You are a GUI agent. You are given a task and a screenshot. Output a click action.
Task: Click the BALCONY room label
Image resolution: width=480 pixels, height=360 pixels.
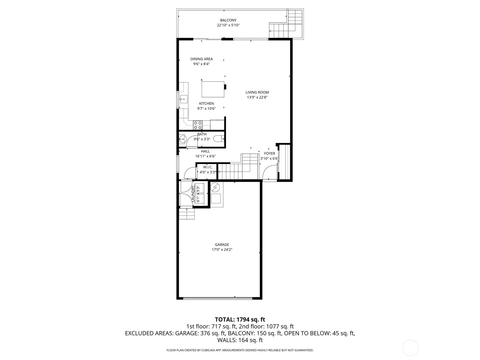click(x=228, y=20)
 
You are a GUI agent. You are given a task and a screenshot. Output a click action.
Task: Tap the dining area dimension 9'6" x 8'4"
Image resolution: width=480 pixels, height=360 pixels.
click(x=201, y=64)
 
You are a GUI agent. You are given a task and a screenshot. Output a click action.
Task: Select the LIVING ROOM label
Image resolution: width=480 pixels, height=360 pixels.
click(x=257, y=92)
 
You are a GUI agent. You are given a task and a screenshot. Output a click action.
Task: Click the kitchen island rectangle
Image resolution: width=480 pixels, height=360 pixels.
click(x=213, y=89)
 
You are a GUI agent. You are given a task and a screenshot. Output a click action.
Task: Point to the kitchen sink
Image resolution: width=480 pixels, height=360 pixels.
click(x=184, y=99)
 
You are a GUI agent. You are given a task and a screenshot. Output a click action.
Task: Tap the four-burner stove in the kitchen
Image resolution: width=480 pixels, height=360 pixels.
click(x=198, y=125)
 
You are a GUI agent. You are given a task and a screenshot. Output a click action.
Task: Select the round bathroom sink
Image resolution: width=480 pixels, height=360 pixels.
click(x=182, y=139)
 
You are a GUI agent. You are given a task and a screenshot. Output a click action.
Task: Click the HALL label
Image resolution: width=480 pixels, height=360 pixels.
click(x=205, y=151)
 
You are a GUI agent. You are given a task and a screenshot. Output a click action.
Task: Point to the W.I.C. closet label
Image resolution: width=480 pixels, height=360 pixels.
click(x=208, y=167)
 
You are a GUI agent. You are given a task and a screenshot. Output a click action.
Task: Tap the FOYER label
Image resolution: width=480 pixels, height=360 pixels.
click(x=269, y=153)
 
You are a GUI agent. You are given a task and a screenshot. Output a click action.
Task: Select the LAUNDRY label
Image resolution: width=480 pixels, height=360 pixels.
click(x=193, y=194)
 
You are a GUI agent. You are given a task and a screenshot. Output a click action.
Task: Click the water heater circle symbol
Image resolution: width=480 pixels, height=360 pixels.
click(x=215, y=187)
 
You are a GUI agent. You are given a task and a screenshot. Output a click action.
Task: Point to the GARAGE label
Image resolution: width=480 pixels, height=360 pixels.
click(x=222, y=244)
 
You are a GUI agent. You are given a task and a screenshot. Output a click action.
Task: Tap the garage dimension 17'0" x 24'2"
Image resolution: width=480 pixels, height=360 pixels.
click(x=222, y=250)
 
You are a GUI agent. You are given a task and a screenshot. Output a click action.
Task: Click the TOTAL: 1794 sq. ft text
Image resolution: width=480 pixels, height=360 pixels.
click(x=240, y=319)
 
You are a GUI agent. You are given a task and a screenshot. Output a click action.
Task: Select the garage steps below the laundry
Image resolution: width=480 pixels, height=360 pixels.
click(x=187, y=214)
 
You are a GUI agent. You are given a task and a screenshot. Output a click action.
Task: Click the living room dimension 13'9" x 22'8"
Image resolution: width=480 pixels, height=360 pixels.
click(x=257, y=97)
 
